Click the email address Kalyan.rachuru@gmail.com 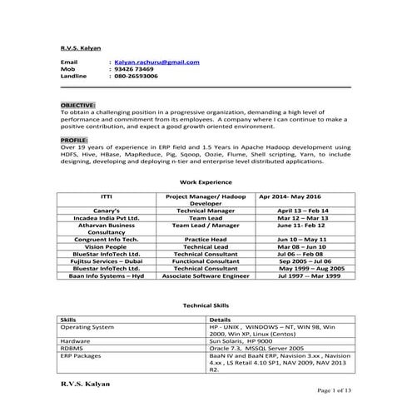pos(156,62)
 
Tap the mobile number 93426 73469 pos(134,68)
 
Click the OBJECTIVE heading pos(78,104)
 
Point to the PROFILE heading pos(75,141)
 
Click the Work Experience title pos(205,181)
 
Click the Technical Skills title pos(205,306)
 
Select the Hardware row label pos(76,341)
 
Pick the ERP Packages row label pos(81,355)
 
